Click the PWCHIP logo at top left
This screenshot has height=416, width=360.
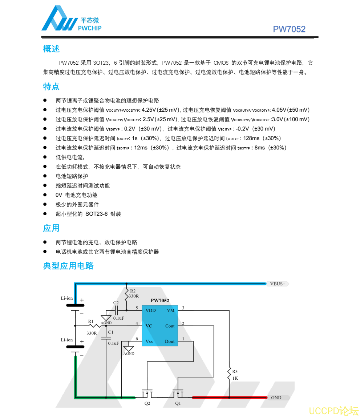pos(71,20)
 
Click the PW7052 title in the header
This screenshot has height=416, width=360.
pos(289,29)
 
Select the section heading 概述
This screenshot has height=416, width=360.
pos(51,49)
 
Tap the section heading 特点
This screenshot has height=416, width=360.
pos(51,87)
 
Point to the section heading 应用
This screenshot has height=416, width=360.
pos(51,228)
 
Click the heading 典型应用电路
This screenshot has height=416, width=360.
pos(68,266)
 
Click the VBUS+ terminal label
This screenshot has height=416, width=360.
pos(278,284)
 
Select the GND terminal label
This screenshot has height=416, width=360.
pos(276,397)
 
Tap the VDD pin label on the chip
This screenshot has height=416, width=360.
pos(150,310)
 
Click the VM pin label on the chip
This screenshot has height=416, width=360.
pos(170,310)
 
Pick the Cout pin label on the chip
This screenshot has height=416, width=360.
pos(170,326)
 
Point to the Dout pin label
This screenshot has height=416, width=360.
pos(170,341)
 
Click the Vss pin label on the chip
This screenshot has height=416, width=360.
pos(149,341)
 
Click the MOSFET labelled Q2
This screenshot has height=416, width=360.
pos(147,394)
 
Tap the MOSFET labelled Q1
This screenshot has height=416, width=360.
pos(178,394)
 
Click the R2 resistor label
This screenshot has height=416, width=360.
pos(133,291)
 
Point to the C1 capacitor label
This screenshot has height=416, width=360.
pos(111,332)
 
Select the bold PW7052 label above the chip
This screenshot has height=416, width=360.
pos(160,300)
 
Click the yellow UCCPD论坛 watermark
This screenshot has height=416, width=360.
pos(333,411)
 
